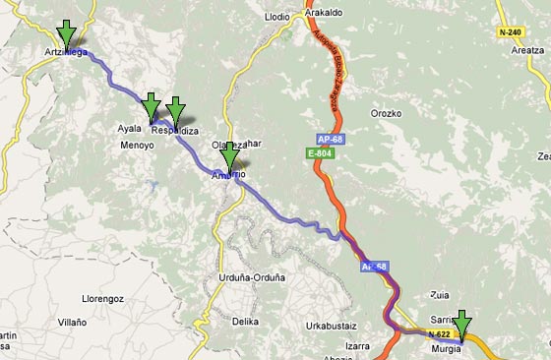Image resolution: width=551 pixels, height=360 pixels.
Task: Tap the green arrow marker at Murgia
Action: pos(461,324)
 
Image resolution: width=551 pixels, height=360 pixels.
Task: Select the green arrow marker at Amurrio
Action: pos(229,156)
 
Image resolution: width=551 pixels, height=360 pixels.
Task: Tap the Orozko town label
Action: pos(386,113)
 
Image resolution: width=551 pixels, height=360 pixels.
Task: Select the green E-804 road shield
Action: pos(316,153)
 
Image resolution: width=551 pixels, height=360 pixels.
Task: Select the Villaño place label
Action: pos(71,322)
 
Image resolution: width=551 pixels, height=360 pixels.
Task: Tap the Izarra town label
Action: pos(356,345)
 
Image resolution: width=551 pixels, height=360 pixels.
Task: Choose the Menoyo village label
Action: pos(137,146)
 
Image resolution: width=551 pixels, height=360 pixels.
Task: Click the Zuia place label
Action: pos(441,294)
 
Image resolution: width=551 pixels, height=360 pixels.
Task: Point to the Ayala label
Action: pos(130,129)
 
